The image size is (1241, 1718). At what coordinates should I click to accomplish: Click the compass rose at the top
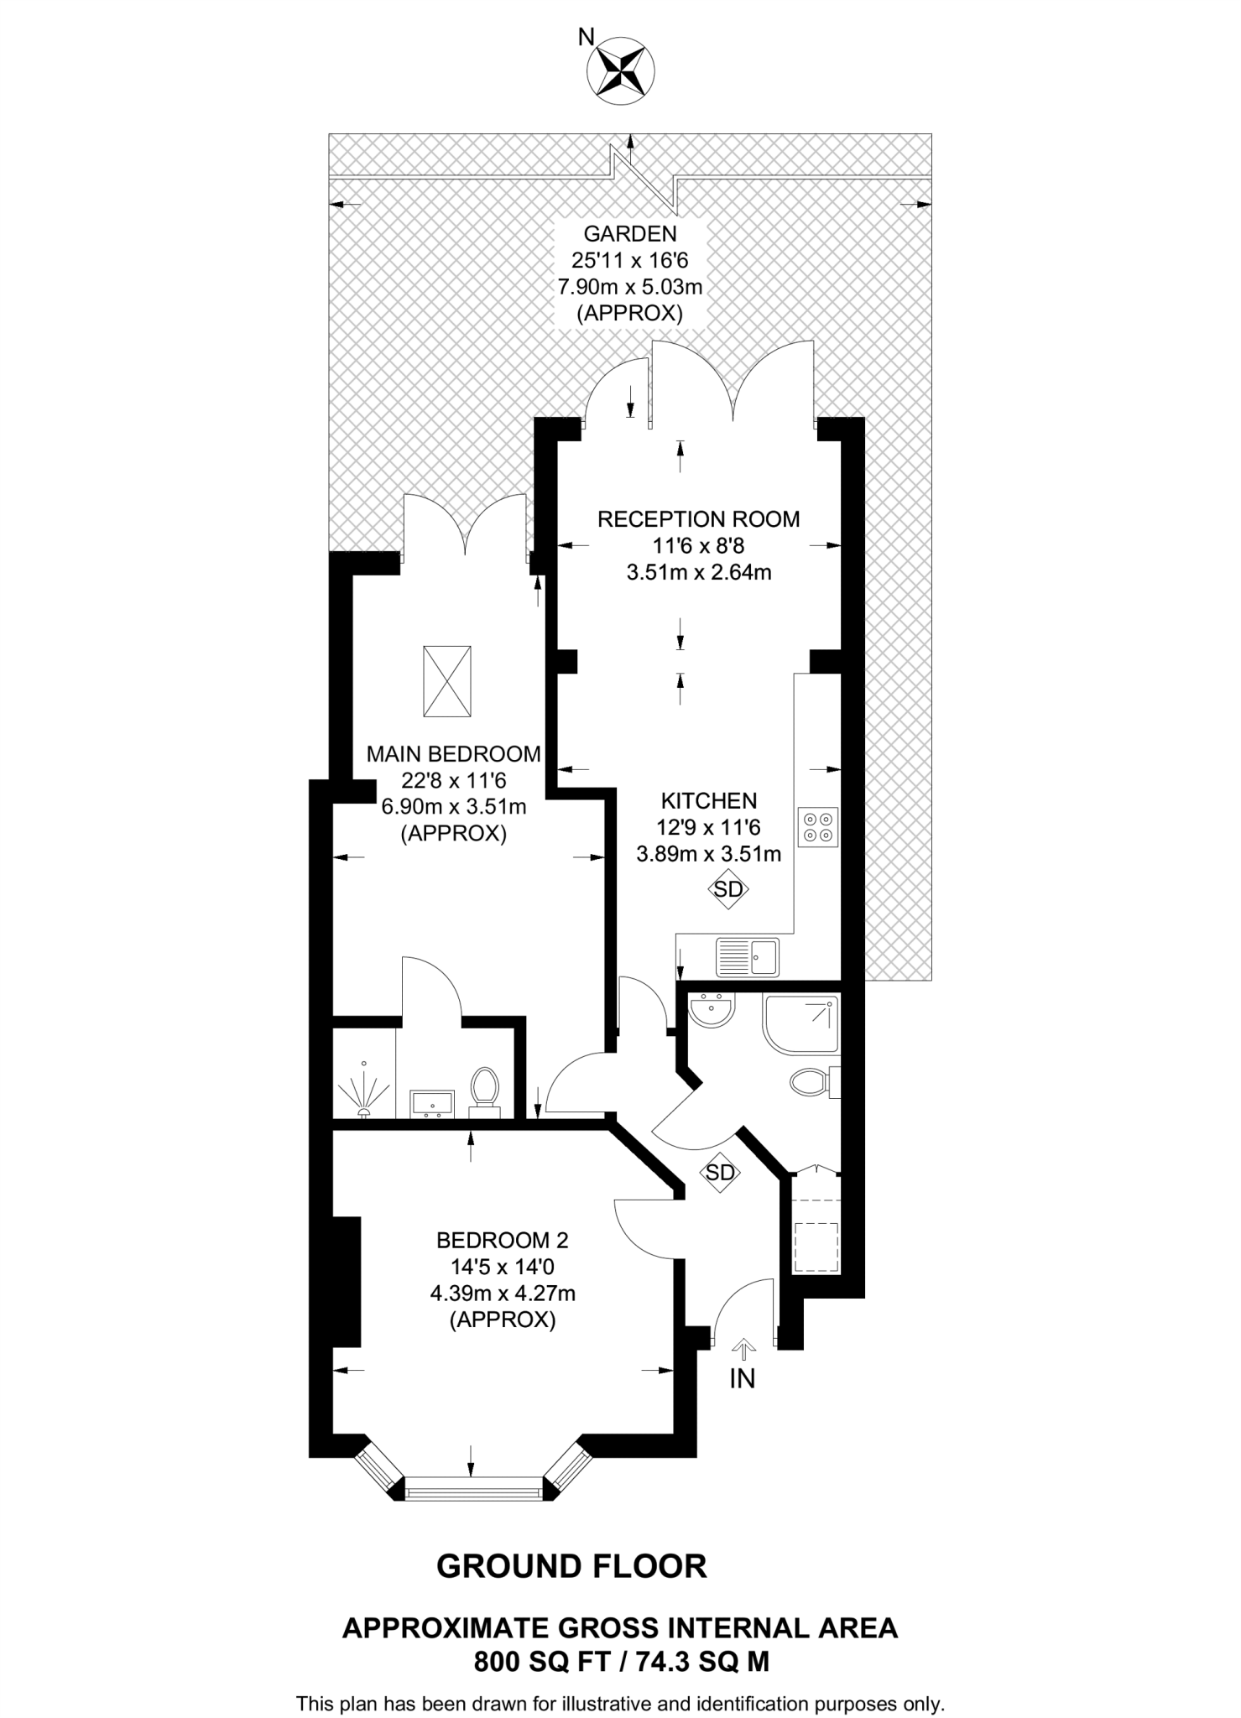coord(621,72)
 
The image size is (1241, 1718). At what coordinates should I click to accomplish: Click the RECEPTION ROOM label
coord(698,519)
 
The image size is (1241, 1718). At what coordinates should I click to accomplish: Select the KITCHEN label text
coord(708,800)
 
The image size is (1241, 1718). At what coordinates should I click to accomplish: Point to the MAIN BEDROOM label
coord(454,753)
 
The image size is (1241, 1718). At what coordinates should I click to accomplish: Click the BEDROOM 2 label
coord(503,1240)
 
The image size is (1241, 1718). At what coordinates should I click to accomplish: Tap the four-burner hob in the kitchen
coord(818,826)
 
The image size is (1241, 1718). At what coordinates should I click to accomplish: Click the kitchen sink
coord(747,956)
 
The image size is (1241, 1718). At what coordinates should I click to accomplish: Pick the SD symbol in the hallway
coord(720,1172)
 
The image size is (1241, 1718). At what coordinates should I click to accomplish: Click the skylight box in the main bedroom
coord(447,681)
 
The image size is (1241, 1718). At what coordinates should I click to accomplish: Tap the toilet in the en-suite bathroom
coord(484,1090)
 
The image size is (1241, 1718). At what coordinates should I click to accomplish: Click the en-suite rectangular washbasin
coord(433,1104)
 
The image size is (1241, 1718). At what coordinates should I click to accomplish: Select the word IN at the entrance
coord(742,1378)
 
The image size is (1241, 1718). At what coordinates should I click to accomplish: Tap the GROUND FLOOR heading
coord(572,1566)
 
